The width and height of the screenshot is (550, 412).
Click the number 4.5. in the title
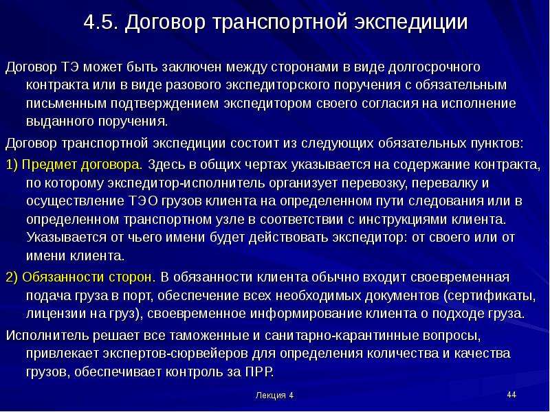tap(101, 22)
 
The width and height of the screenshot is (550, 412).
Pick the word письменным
tap(66, 104)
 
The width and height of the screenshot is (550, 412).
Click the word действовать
tap(288, 238)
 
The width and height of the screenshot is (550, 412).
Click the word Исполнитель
tap(47, 336)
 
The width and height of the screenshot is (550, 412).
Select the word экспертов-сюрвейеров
tap(175, 354)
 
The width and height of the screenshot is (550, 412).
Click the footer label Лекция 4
tap(274, 396)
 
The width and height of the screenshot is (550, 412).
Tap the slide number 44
tap(511, 395)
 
